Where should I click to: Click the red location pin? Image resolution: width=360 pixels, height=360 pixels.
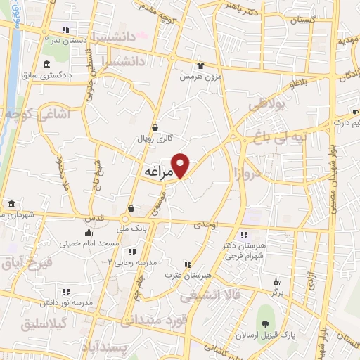click(x=181, y=165)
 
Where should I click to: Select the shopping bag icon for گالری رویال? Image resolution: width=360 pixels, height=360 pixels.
click(x=165, y=128)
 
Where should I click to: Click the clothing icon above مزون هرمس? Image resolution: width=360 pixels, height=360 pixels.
click(x=202, y=64)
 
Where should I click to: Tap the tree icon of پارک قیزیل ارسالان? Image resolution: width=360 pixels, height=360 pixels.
click(x=265, y=324)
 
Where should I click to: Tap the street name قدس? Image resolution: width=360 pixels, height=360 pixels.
click(x=98, y=217)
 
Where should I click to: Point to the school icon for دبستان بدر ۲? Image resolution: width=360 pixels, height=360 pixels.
click(x=65, y=30)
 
